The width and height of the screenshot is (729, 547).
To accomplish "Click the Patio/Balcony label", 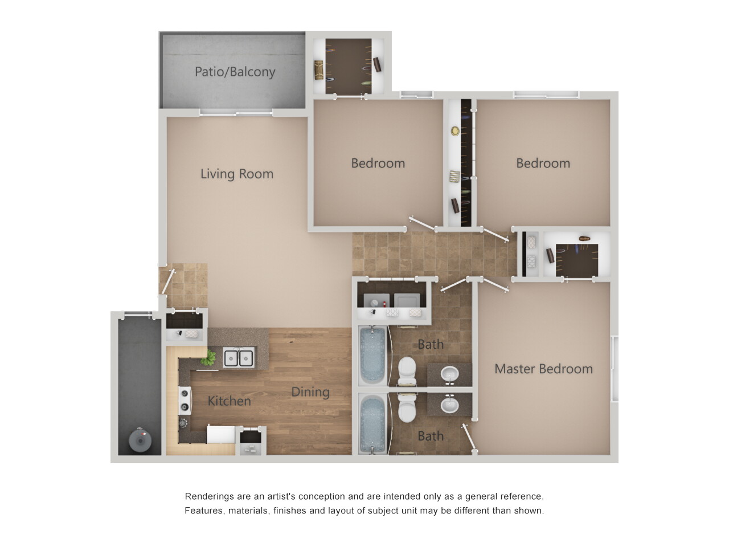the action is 235,72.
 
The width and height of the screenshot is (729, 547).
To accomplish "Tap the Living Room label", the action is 237,174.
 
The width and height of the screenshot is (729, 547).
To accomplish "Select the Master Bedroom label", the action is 544,369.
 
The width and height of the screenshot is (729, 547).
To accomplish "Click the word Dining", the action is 310,392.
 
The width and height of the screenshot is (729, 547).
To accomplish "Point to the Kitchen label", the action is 229,401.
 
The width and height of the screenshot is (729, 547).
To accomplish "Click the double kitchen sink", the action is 239,357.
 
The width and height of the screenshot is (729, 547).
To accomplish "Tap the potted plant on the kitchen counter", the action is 209,357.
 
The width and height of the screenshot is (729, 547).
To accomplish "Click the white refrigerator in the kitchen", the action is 221,434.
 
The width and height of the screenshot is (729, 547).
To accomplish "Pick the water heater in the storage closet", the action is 140,440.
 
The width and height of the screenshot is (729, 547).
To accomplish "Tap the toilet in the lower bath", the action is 407,407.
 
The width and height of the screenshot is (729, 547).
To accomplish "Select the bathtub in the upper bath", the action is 372,356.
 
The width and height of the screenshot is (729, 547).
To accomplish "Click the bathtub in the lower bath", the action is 372,424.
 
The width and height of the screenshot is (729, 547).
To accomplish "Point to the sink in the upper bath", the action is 450,374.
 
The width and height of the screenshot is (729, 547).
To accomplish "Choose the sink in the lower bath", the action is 450,405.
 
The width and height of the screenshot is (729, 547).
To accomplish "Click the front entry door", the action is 167,282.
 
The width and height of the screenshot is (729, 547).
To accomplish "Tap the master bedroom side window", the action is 615,369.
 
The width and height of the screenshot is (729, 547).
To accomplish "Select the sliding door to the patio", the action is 236,113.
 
